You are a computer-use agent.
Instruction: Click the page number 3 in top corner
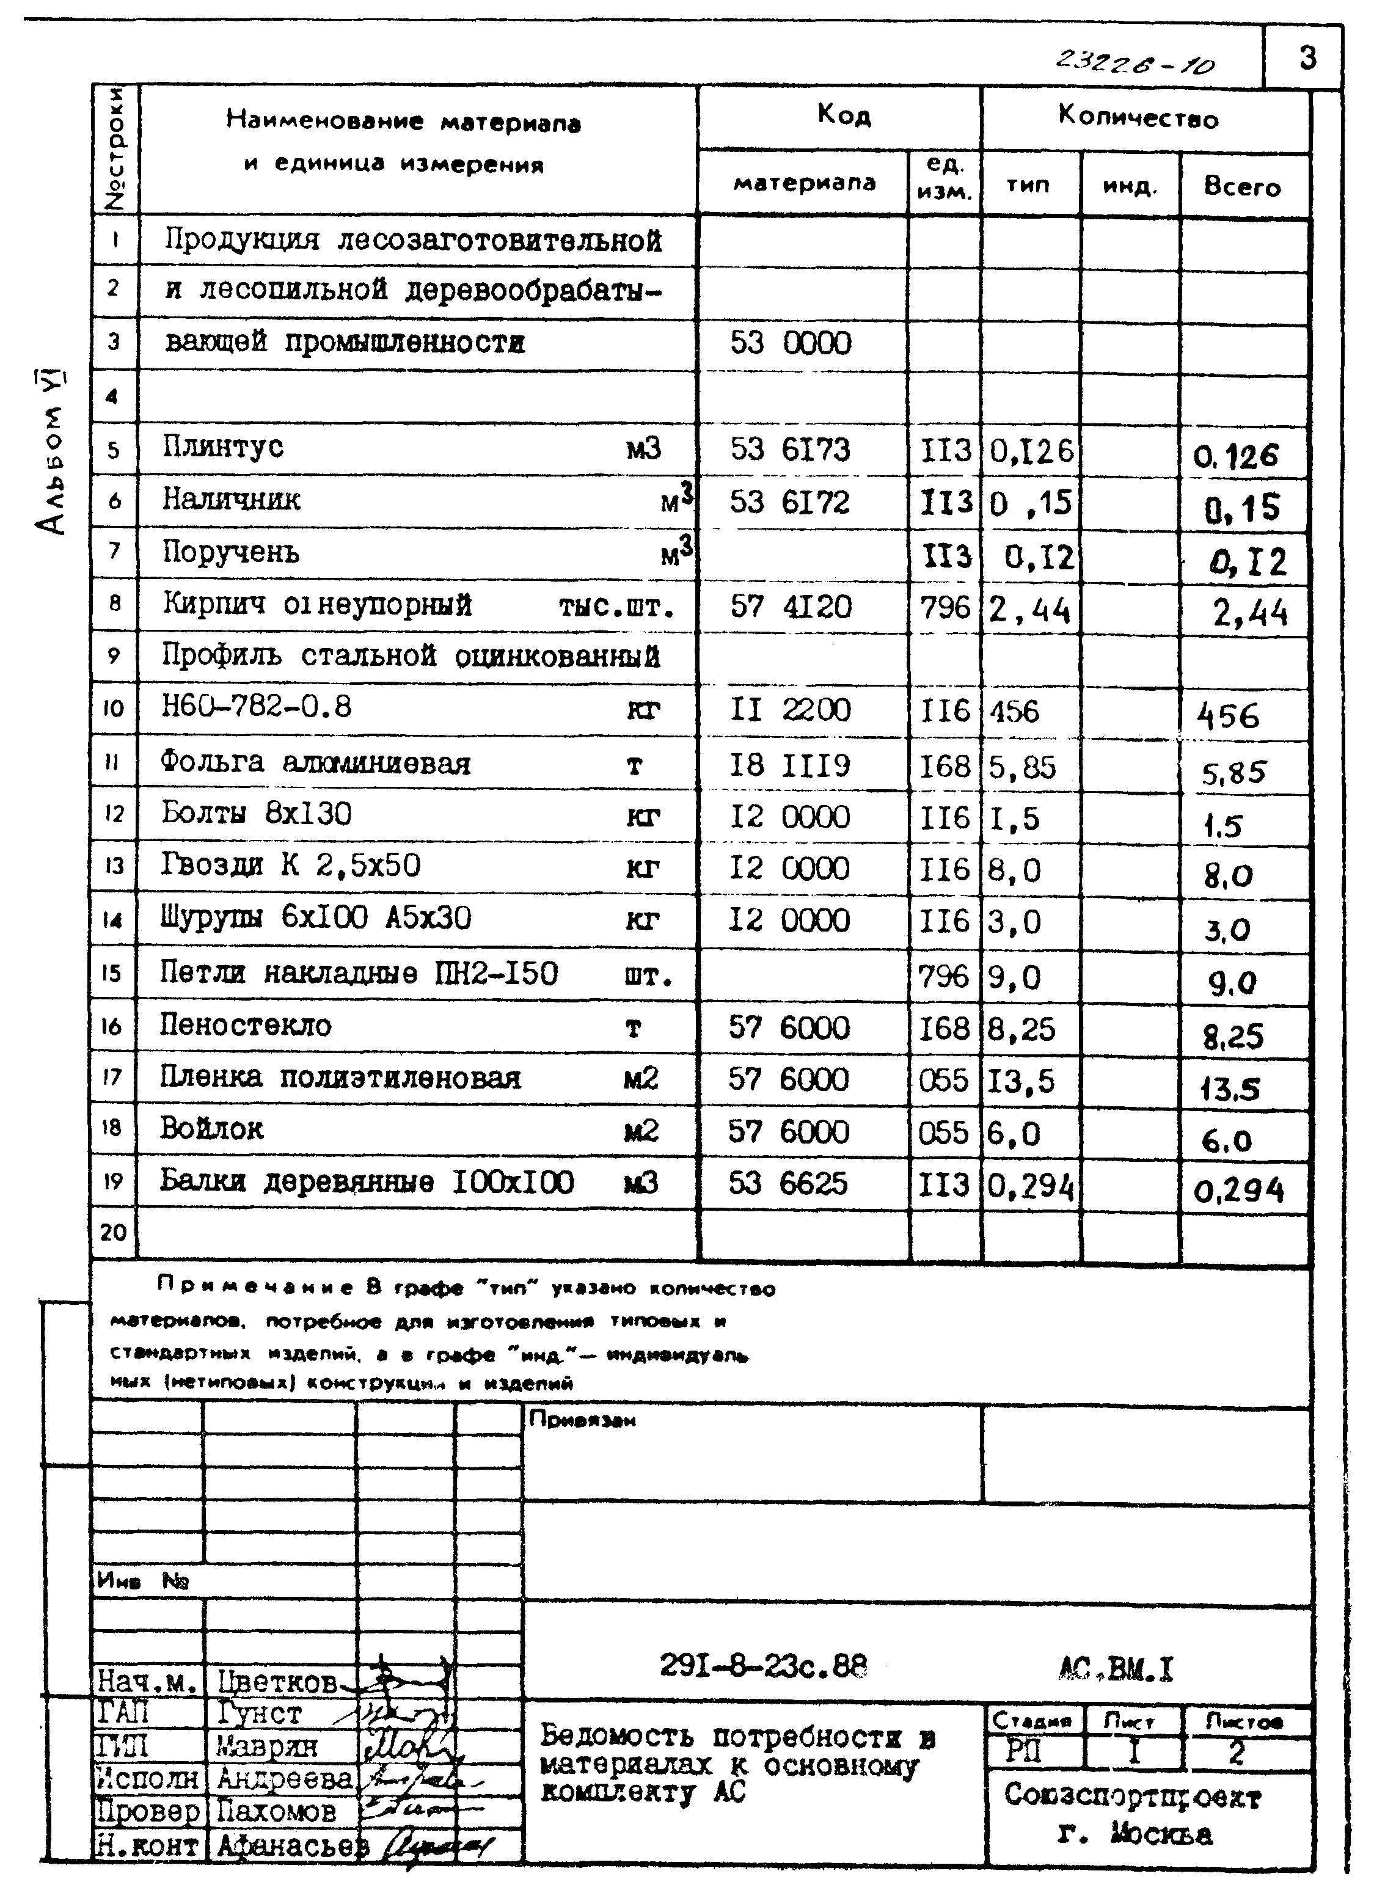click(x=1306, y=58)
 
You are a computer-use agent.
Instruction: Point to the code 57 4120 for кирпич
click(x=790, y=605)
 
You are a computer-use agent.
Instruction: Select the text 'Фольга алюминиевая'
click(x=315, y=763)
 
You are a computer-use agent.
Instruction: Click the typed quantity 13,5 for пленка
click(x=1021, y=1081)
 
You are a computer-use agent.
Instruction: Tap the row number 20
click(x=113, y=1232)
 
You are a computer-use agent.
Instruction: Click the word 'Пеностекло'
click(x=246, y=1025)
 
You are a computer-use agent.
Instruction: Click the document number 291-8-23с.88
click(x=763, y=1665)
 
